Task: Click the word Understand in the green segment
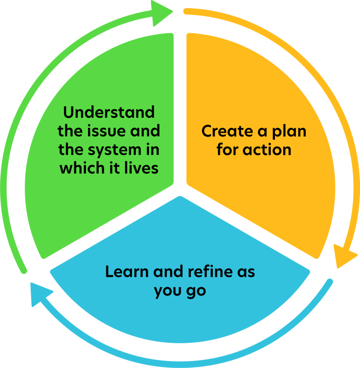tap(109, 113)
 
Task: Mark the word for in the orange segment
tap(227, 149)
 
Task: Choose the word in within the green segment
tap(153, 150)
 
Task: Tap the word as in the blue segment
tap(246, 272)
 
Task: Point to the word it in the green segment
tap(115, 168)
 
